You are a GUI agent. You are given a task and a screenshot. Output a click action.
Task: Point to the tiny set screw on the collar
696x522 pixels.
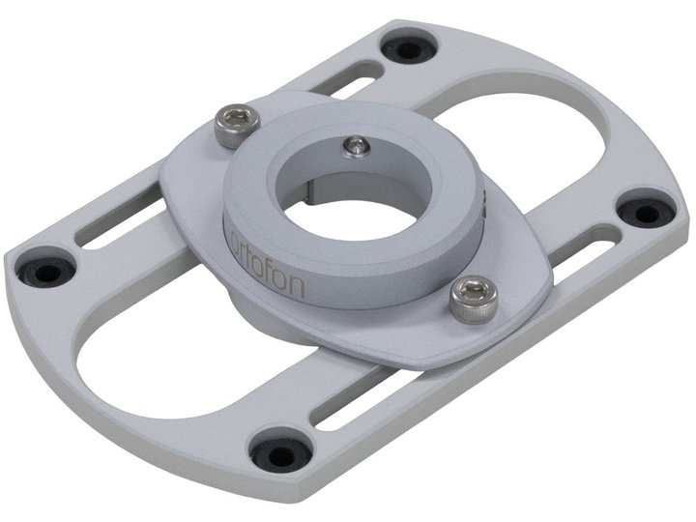(x=357, y=146)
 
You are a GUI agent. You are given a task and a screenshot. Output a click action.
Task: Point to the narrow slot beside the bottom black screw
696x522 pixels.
(x=338, y=406)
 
